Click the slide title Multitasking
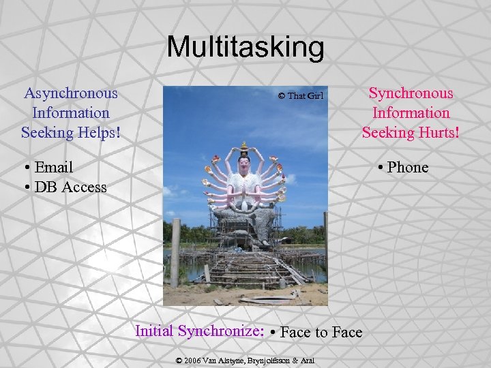245,47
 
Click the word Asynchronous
70,93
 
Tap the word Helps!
100,132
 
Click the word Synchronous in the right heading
411,93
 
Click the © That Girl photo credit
300,96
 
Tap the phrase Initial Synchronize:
200,331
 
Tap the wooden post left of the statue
175,252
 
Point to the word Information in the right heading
411,113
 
